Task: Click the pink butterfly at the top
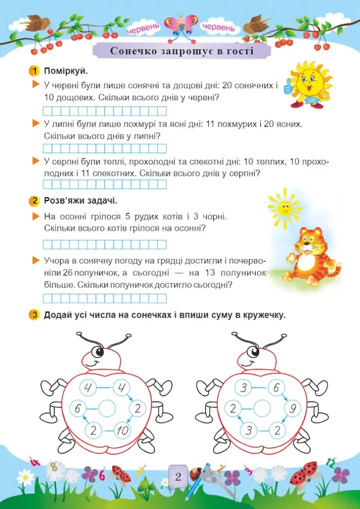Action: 181,26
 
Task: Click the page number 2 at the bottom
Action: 178,477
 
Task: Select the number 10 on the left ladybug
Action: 122,431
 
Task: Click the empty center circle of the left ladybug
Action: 106,409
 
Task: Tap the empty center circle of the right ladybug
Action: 262,409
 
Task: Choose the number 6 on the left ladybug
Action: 77,409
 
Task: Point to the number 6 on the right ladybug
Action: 277,388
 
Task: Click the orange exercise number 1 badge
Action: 33,70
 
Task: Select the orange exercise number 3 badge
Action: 33,315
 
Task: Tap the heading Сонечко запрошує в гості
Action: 182,51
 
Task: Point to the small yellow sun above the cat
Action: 284,207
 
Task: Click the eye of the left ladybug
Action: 98,351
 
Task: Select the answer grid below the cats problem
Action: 105,244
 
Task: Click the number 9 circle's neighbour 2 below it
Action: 277,431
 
